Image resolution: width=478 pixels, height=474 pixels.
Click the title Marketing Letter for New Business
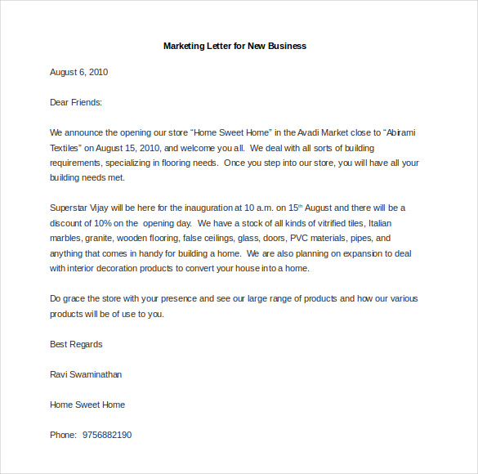click(235, 46)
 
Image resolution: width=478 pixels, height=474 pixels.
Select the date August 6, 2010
click(78, 72)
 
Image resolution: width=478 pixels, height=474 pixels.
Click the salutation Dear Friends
click(76, 102)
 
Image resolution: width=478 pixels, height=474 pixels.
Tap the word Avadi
click(316, 132)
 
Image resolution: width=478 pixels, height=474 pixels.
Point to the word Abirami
click(404, 132)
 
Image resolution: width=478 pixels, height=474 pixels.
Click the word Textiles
click(66, 148)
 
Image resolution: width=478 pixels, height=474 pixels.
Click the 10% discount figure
click(102, 223)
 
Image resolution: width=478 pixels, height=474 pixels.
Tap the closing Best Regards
click(76, 344)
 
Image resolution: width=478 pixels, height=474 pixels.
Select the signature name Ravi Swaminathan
click(86, 374)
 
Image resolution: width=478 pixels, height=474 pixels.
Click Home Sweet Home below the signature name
click(87, 405)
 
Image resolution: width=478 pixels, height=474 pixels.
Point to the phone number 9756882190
click(107, 435)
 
